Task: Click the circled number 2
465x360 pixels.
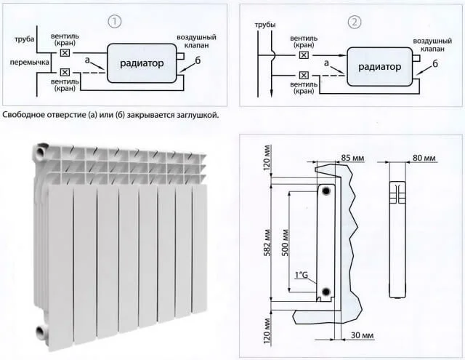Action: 355,22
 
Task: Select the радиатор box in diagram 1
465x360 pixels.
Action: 142,63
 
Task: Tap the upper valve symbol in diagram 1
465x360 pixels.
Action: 66,53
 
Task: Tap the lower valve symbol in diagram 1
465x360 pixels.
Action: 66,73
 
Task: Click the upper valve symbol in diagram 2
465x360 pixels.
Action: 304,55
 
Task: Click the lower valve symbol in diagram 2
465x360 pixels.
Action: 304,73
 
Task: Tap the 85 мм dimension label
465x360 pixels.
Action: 354,158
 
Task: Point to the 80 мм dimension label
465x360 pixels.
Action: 423,158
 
